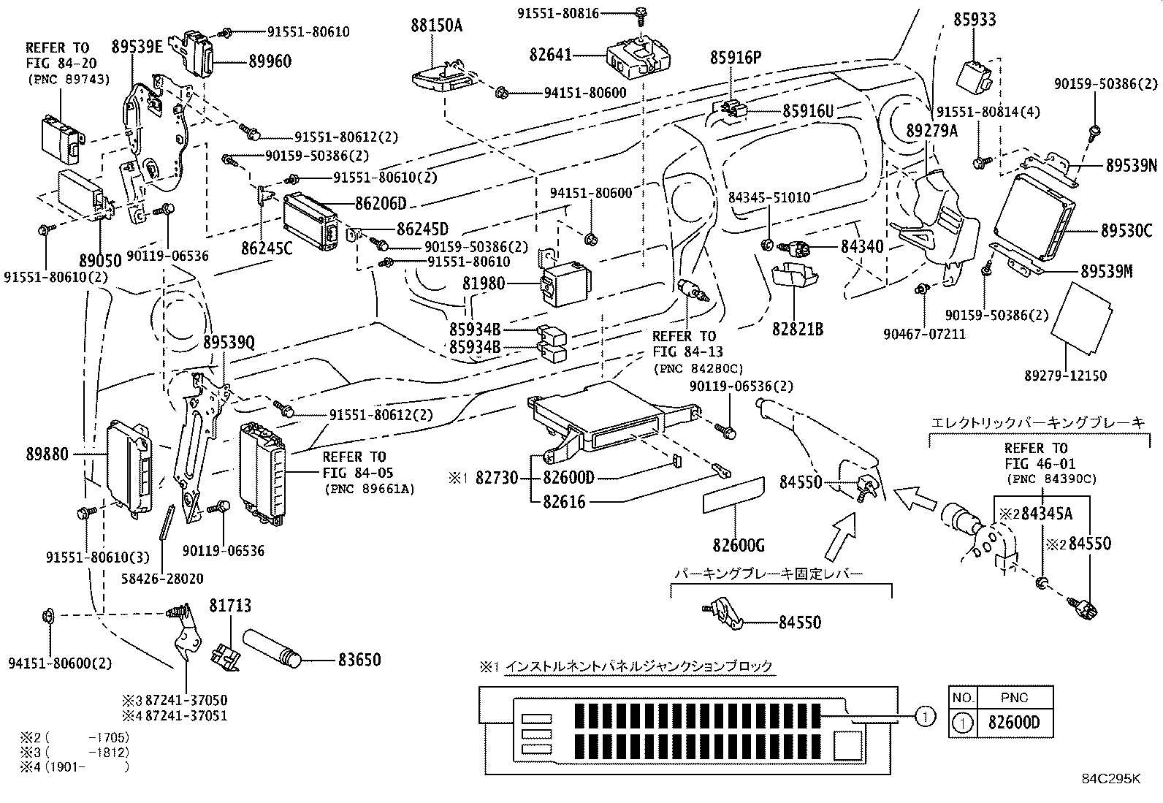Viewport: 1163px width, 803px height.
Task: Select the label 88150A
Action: click(x=436, y=26)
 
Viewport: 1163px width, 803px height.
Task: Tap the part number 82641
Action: click(x=551, y=55)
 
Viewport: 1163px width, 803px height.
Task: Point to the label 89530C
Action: click(x=1126, y=231)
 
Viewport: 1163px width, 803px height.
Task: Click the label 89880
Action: click(x=41, y=454)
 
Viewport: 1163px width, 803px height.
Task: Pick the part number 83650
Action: click(x=359, y=660)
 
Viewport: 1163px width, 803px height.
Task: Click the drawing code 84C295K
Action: click(x=1110, y=778)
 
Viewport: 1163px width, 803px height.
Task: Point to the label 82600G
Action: click(x=739, y=545)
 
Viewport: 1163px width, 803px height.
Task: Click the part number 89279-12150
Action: click(x=1065, y=376)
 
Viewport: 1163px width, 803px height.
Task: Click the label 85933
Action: click(x=975, y=19)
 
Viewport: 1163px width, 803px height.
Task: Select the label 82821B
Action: click(x=798, y=329)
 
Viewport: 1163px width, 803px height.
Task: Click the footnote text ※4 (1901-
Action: click(x=73, y=766)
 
